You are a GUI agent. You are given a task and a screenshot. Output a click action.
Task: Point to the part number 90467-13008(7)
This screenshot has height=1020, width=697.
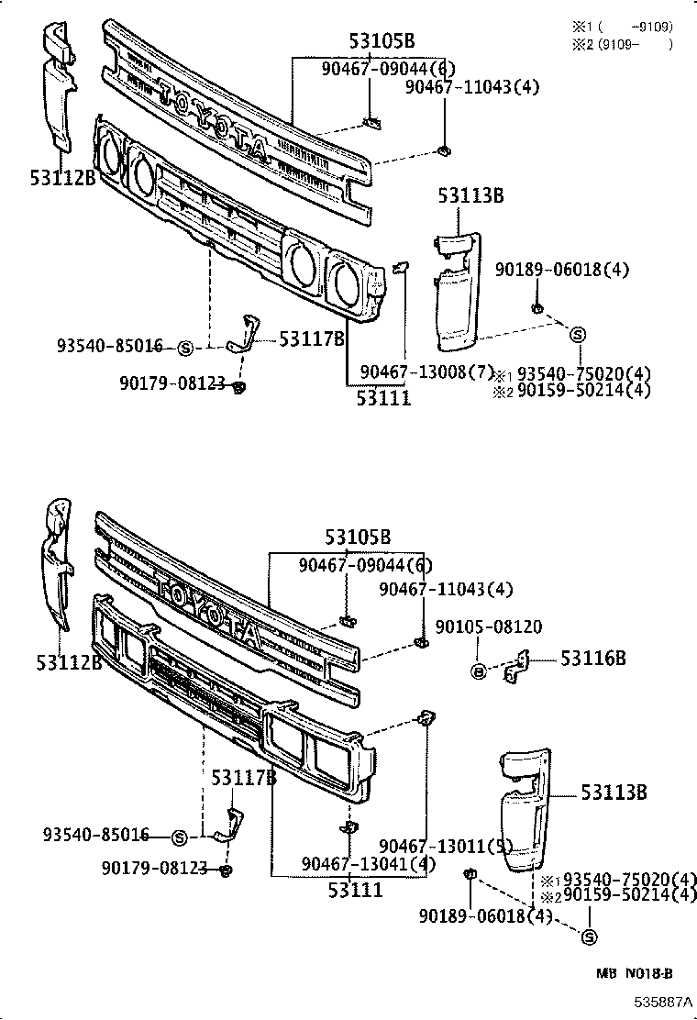coord(426,371)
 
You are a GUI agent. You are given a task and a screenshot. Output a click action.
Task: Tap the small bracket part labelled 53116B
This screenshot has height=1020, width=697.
coord(517,668)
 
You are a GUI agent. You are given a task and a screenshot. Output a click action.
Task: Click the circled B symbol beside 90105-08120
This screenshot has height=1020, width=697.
coord(478,671)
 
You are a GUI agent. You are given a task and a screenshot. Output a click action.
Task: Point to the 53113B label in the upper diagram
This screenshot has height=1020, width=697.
coord(470,195)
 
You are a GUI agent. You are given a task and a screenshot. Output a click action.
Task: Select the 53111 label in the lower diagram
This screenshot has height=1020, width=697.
coord(357,889)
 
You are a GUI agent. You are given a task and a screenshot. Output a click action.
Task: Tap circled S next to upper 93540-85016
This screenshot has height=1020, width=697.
coord(183,348)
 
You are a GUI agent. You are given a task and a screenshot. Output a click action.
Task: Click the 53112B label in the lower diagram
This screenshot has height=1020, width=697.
coord(70,661)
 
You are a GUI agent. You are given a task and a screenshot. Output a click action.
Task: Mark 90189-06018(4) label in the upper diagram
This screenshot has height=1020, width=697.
coord(562,270)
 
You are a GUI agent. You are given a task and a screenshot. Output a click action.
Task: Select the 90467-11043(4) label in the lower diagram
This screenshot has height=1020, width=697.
coord(446,589)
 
